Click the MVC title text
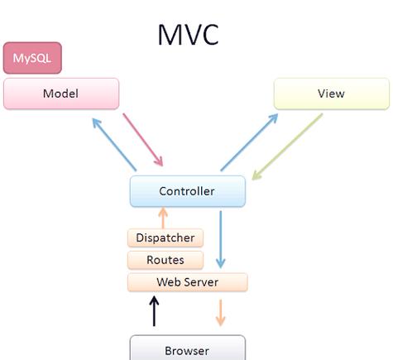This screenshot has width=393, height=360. pos(189,35)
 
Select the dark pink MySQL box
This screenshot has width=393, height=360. pos(32,58)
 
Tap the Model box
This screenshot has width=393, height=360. pos(61,94)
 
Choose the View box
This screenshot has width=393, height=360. pos(332,94)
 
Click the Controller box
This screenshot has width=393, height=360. pos(188,191)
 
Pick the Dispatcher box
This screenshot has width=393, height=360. pos(165,238)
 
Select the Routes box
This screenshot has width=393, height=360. pos(165,260)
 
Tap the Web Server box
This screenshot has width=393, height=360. pos(188,282)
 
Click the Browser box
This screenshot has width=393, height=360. pos(188,348)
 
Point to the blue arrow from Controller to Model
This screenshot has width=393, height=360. pos(114,145)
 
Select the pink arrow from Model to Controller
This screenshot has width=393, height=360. pos(143,140)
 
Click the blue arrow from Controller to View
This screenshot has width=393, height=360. pos(249,142)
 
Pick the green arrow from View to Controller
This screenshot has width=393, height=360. pos(287,146)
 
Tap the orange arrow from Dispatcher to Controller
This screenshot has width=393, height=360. pos(163,218)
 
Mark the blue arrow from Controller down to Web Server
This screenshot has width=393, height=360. pos(220,239)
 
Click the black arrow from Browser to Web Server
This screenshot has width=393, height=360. pos(154,311)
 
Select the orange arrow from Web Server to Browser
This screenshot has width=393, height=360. pos(220,313)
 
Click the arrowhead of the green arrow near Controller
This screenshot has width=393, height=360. pos(256,175)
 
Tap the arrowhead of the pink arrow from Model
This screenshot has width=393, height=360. pos(159,161)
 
